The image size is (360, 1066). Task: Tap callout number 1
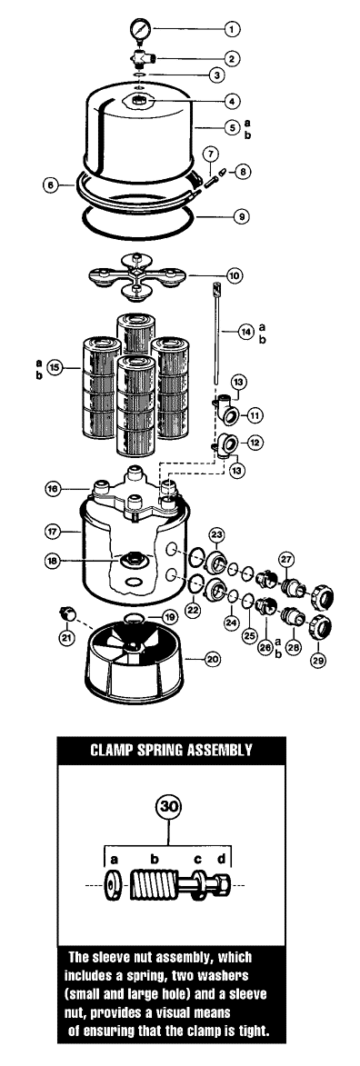233,29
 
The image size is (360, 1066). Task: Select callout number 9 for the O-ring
240,217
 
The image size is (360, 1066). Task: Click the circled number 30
167,807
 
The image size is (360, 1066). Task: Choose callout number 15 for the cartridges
55,368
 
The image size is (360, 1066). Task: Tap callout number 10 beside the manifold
235,276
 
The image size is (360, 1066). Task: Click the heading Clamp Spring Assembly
172,750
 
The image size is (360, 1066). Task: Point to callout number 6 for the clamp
50,184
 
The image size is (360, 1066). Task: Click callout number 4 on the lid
233,101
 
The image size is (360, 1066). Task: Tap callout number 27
286,559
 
